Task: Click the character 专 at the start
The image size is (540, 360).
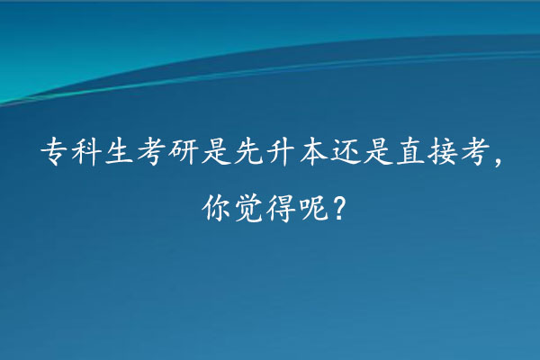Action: click(54, 152)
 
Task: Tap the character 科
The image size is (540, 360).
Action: click(86, 152)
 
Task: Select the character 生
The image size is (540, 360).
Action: click(119, 152)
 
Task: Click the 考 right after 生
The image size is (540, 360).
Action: click(151, 152)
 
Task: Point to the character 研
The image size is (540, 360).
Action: click(184, 152)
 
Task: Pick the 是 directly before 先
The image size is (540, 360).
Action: click(216, 152)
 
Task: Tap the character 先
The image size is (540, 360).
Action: click(248, 152)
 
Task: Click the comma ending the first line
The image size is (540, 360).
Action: click(498, 161)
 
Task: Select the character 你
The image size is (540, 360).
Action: click(216, 208)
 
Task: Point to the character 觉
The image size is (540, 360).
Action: click(248, 208)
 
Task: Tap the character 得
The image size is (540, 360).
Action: click(281, 208)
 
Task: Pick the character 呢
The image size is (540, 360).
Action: click(313, 208)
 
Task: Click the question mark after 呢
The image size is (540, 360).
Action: click(338, 209)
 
